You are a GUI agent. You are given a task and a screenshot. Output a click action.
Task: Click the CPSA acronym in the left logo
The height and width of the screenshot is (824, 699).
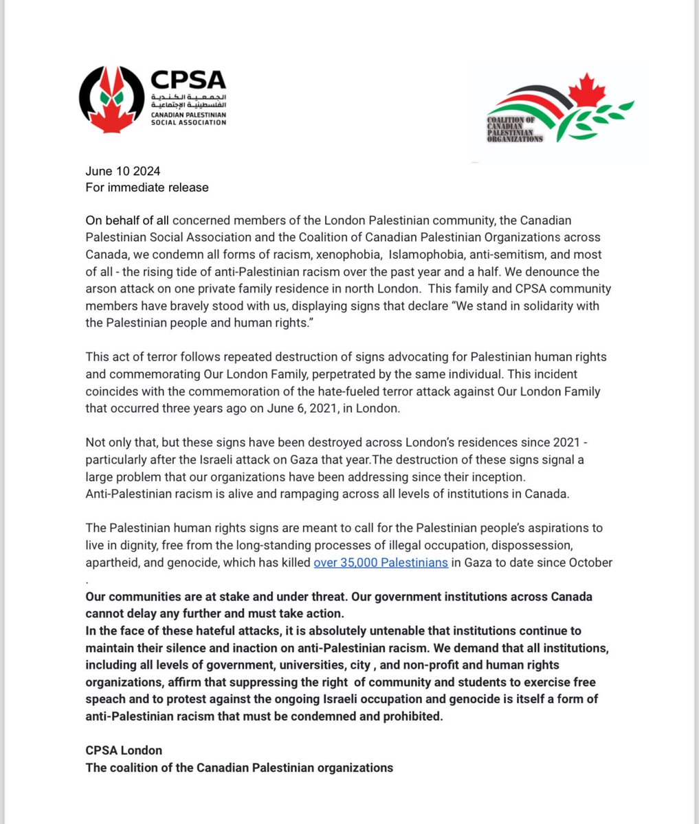coord(188,80)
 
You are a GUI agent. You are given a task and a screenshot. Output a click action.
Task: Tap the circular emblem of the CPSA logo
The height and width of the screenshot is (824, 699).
coord(111,101)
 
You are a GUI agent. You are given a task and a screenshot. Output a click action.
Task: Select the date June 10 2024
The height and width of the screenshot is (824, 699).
coord(123,171)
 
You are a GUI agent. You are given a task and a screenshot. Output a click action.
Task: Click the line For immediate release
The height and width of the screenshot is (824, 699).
coord(146,187)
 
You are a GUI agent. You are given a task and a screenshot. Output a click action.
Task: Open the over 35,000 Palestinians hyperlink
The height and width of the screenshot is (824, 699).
coord(381,562)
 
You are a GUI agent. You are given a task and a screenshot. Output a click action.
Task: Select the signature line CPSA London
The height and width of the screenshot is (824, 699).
coord(124,750)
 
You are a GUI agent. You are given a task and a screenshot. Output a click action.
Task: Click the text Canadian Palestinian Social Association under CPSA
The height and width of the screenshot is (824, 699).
coord(188,118)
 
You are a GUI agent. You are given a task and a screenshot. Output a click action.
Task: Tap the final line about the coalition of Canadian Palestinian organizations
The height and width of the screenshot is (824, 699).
coord(239,767)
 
